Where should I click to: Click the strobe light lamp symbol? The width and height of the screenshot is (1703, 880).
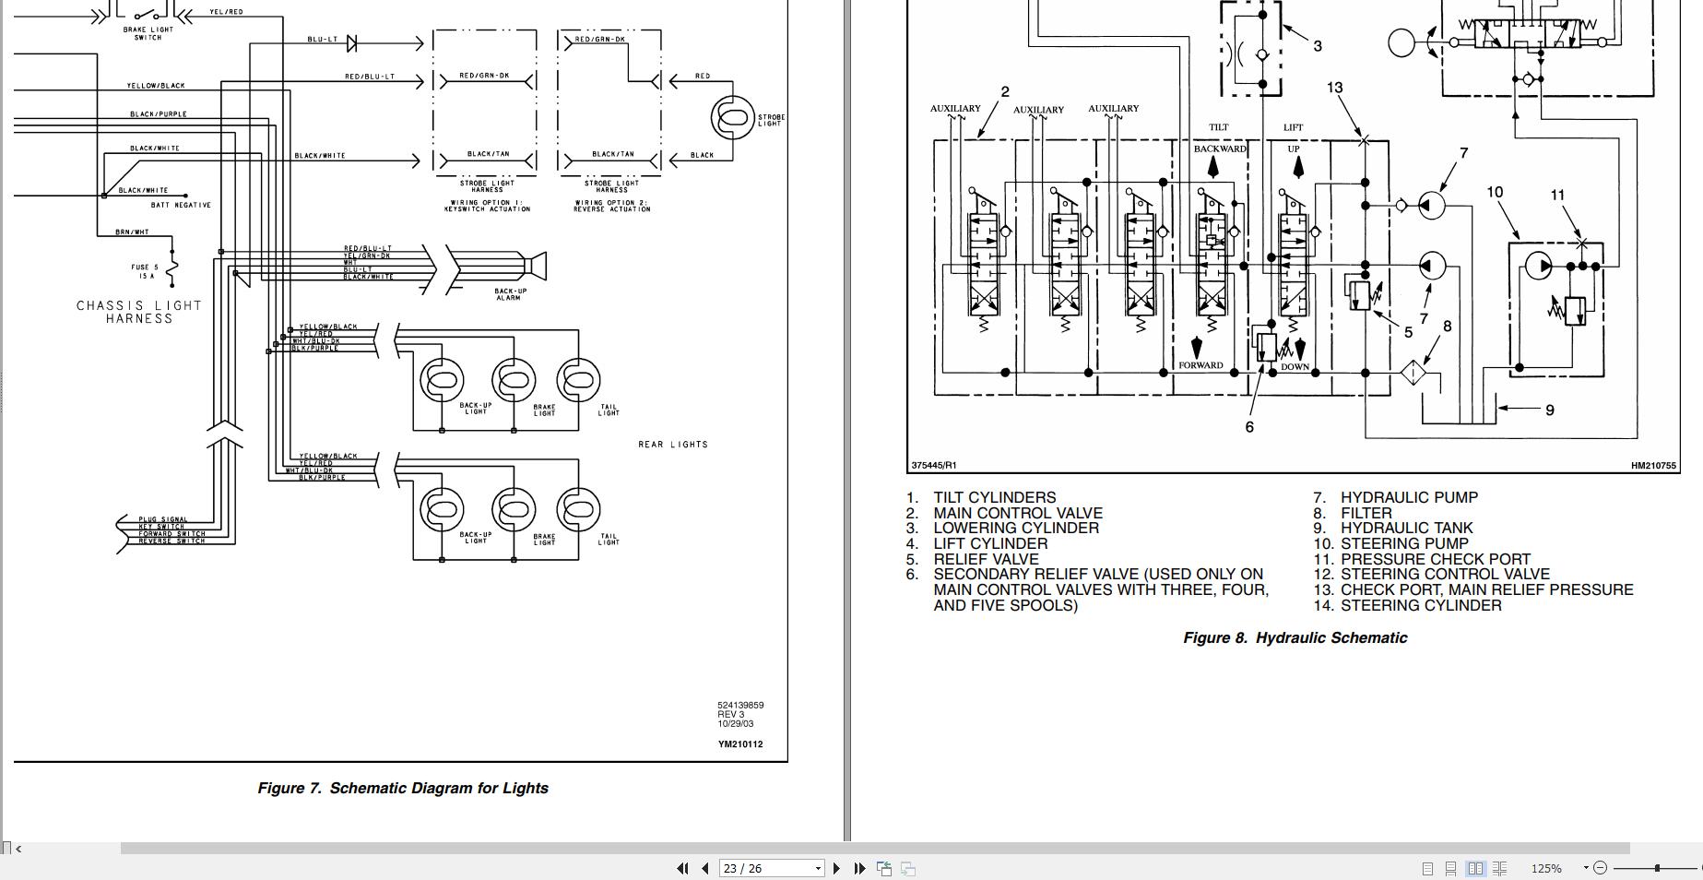tap(733, 118)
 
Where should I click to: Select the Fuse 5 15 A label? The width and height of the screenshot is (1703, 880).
tap(145, 271)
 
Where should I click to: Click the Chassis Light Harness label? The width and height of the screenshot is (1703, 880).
tap(139, 312)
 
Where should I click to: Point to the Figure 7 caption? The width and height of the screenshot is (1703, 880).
tap(403, 788)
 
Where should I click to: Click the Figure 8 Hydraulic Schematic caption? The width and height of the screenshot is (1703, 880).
tap(1295, 637)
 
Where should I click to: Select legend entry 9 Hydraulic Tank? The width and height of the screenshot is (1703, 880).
tap(1406, 528)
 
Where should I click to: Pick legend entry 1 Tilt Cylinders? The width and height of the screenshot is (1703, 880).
tap(994, 497)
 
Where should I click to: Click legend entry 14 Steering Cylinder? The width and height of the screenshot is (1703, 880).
tap(1420, 605)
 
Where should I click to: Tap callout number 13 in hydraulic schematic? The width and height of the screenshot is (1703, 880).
tap(1334, 88)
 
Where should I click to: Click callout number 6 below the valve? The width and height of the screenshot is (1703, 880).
tap(1249, 427)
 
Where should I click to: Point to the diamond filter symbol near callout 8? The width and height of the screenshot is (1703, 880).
tap(1413, 373)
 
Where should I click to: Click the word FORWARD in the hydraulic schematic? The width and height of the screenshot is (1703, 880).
tap(1200, 365)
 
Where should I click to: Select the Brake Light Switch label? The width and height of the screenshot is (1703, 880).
tap(148, 33)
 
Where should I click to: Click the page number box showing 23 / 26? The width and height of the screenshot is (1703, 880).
tap(771, 868)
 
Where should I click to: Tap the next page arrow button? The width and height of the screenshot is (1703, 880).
tap(836, 868)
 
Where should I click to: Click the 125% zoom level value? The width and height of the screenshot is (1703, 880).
tap(1546, 868)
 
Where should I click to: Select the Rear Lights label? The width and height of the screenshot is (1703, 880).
tap(673, 445)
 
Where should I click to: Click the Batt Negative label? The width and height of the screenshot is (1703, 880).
tap(181, 205)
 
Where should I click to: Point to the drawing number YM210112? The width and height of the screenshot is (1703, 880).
tap(740, 744)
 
